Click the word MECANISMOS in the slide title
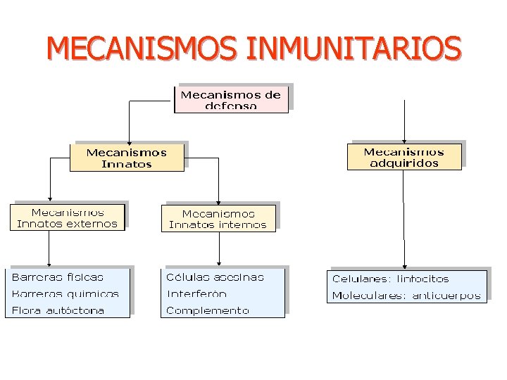click(144, 49)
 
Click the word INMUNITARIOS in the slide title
click(355, 49)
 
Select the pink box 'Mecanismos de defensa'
click(231, 99)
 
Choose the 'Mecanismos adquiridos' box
click(404, 157)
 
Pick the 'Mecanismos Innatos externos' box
click(67, 217)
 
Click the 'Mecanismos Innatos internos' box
click(218, 219)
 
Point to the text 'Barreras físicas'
click(58, 277)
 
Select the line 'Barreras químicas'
click(65, 294)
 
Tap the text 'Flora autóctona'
click(58, 310)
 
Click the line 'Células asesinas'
click(215, 277)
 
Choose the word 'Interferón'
click(196, 294)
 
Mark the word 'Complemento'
click(208, 310)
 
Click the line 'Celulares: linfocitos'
click(390, 279)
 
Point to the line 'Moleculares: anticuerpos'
click(406, 296)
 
